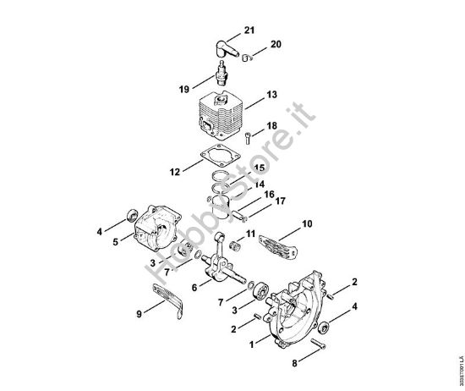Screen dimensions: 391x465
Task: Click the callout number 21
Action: (249, 31)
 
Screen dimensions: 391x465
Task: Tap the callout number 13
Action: (271, 96)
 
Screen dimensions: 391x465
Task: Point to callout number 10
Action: (307, 224)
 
